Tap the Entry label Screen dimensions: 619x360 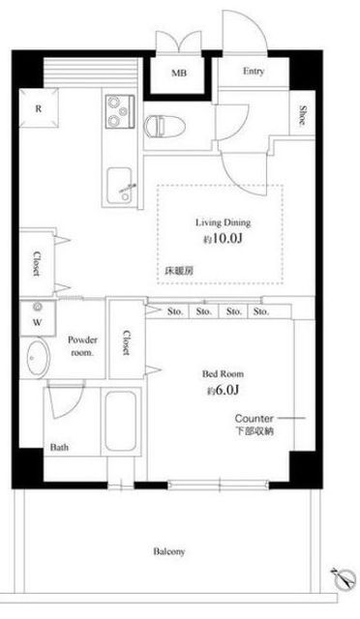(254, 72)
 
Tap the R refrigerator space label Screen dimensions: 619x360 (38, 109)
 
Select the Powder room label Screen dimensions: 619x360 (81, 347)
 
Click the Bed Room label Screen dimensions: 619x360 (222, 373)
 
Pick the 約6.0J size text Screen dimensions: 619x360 (222, 391)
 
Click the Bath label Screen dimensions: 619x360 (58, 448)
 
